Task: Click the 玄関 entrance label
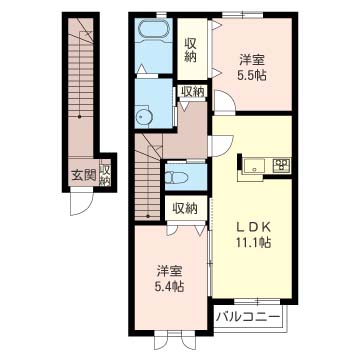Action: (82, 177)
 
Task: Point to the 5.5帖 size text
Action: (252, 76)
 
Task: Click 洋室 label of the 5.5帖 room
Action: (252, 59)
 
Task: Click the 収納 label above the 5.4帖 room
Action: (184, 208)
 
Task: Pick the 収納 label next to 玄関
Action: (104, 176)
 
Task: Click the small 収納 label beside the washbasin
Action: (191, 92)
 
